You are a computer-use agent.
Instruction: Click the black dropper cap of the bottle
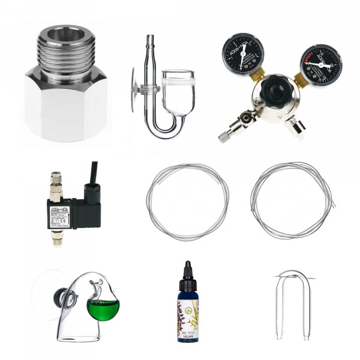click(187, 273)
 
